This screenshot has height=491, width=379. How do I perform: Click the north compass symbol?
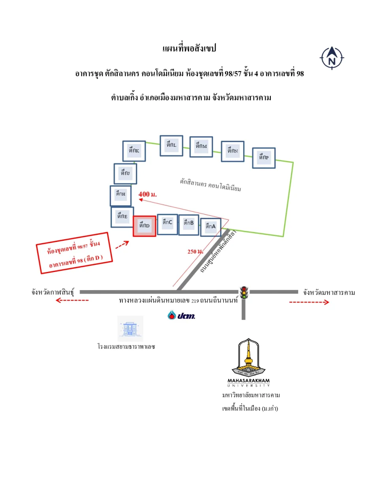point(332,58)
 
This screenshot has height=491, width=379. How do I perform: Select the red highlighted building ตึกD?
point(144,226)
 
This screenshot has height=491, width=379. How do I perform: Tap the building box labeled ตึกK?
point(134,151)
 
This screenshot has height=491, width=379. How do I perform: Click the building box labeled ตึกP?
point(264,158)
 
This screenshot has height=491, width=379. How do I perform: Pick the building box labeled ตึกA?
point(211,227)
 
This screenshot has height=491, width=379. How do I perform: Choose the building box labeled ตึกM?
point(201,147)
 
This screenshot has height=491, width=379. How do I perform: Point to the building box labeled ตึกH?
point(121,196)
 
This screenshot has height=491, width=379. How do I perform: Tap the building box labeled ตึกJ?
point(125,174)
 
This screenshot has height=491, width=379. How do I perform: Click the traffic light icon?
point(244,293)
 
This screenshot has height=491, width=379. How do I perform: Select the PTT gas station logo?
point(181,315)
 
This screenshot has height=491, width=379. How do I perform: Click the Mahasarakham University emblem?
point(249,363)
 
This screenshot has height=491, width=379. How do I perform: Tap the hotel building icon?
point(130,329)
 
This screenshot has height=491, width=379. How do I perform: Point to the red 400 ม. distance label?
point(148,194)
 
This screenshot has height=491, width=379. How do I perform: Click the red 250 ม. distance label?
point(195,251)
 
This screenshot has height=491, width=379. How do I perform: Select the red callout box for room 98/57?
point(74,253)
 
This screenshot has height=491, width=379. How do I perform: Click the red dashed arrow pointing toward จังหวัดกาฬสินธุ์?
point(72,300)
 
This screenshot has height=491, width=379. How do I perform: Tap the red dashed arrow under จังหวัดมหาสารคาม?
point(309,302)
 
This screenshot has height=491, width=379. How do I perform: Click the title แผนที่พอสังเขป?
point(189,48)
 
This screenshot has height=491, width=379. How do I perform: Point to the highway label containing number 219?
point(178,300)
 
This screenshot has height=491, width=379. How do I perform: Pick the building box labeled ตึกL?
point(171,146)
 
